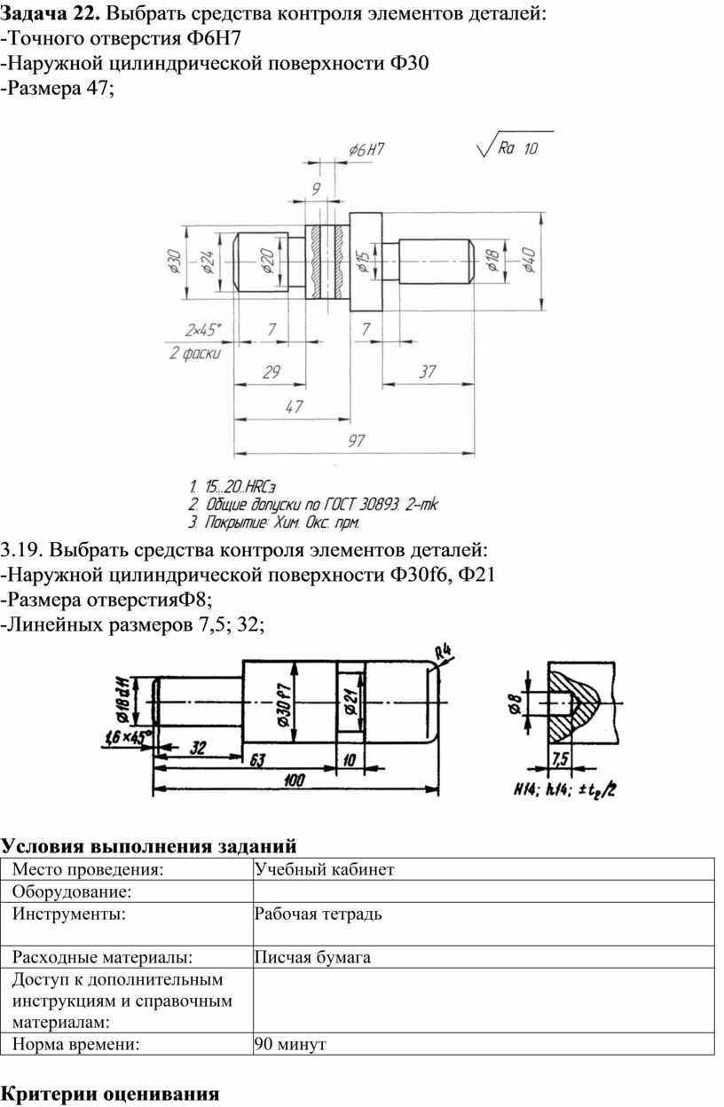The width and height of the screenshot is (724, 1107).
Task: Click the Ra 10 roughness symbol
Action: pyautogui.click(x=515, y=148)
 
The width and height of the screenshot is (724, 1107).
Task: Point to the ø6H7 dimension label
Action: pyautogui.click(x=366, y=150)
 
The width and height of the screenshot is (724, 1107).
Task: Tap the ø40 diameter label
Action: pyautogui.click(x=530, y=261)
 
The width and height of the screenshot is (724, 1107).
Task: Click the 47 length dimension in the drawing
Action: pyautogui.click(x=294, y=406)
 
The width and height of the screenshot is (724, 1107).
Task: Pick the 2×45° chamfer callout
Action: pyautogui.click(x=204, y=329)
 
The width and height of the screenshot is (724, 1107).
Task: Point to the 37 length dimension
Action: pyautogui.click(x=429, y=373)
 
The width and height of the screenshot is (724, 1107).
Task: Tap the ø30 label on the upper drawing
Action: pyautogui.click(x=175, y=263)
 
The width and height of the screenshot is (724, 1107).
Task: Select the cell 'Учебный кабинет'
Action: pyautogui.click(x=323, y=869)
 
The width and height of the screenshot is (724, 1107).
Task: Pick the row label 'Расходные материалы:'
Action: pyautogui.click(x=102, y=956)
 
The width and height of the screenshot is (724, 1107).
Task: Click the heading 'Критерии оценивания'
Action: pyautogui.click(x=109, y=1093)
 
